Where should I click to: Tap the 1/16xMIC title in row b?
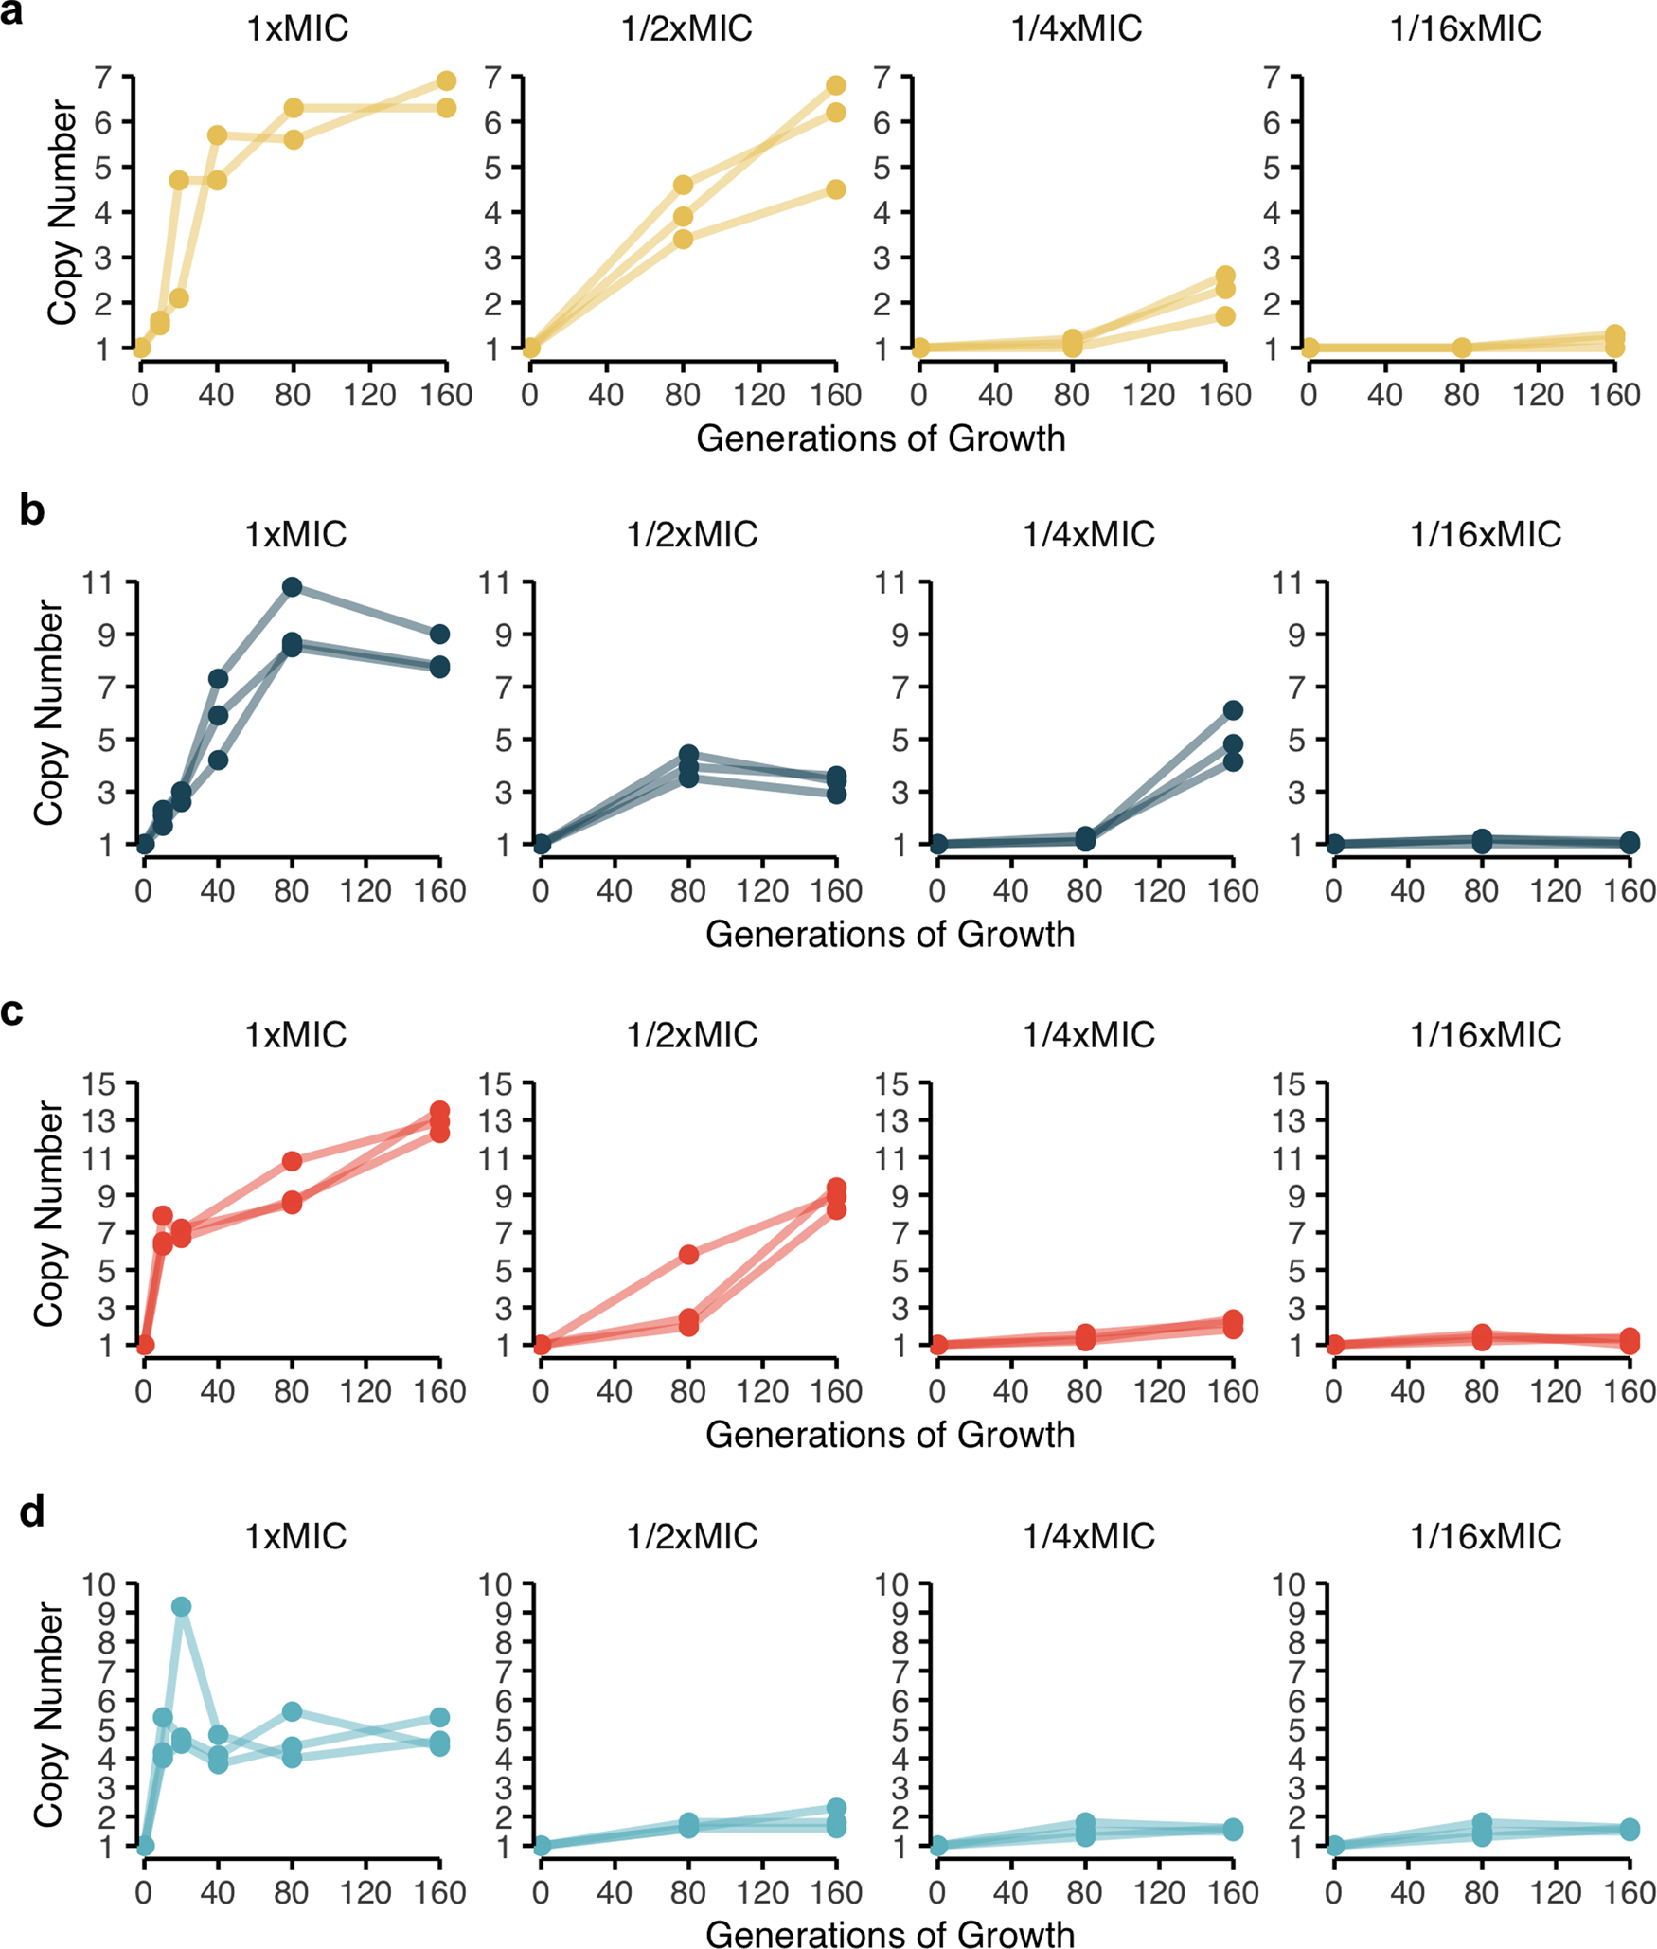click(x=1485, y=535)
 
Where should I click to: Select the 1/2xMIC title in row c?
click(x=691, y=1035)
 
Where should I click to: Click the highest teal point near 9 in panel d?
click(x=181, y=1607)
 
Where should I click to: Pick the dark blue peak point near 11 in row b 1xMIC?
click(x=292, y=587)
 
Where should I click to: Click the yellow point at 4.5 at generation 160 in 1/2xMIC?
click(x=835, y=189)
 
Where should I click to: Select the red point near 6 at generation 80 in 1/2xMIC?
click(x=688, y=1255)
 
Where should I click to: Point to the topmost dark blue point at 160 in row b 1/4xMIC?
click(x=1232, y=710)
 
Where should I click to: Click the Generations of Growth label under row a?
click(x=881, y=438)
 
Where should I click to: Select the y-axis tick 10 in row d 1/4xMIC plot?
click(x=891, y=1583)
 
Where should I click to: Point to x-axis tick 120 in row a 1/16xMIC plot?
click(x=1538, y=394)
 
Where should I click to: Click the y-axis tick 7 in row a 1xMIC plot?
click(x=103, y=77)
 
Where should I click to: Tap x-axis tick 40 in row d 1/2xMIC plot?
click(x=615, y=1892)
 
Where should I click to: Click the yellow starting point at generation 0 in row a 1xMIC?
click(x=141, y=348)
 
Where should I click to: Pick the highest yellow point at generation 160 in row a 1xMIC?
click(x=446, y=81)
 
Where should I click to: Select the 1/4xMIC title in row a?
click(x=1076, y=28)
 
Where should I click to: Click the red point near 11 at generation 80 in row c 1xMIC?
click(x=292, y=1161)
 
